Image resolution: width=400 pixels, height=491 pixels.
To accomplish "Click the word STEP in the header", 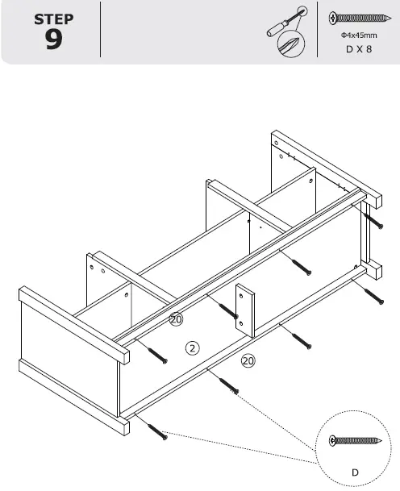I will (54, 19).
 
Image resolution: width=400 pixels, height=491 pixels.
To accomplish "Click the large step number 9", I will (54, 40).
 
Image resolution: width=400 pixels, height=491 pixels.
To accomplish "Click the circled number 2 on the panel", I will (192, 348).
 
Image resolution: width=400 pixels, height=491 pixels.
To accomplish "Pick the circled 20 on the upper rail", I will (176, 320).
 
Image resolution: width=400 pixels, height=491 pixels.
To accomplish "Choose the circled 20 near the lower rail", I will (248, 360).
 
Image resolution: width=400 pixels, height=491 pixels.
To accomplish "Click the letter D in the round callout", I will (354, 470).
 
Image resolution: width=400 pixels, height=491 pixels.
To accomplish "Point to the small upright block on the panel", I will (245, 310).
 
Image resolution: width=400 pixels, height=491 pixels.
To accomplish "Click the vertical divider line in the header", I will (101, 30).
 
